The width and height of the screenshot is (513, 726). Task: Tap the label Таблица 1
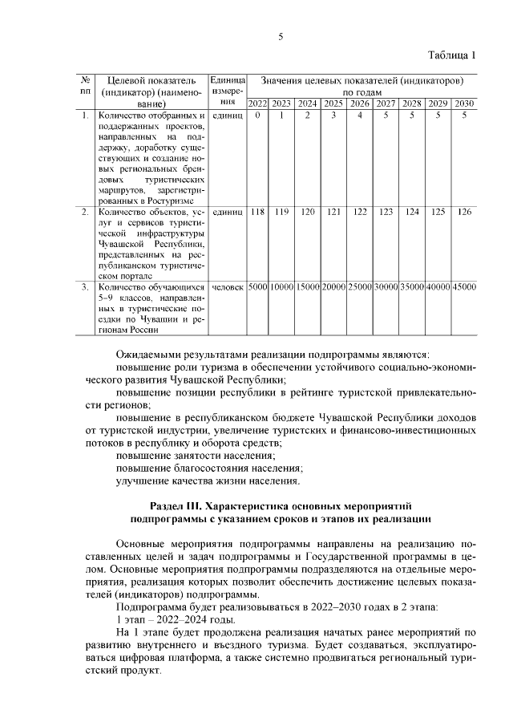(451, 55)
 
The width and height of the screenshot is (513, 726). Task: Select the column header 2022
(257, 103)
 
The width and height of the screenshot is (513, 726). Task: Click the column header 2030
(464, 103)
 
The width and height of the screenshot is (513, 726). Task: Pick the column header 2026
(360, 103)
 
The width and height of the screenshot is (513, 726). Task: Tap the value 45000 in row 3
(464, 286)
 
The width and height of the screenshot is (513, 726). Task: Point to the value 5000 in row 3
(257, 286)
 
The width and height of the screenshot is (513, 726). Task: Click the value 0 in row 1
(257, 116)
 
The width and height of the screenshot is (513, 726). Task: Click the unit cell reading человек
(227, 286)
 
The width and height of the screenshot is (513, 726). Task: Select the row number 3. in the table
(85, 286)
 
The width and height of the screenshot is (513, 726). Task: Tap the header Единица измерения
(227, 91)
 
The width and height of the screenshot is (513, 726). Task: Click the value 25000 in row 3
(360, 286)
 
